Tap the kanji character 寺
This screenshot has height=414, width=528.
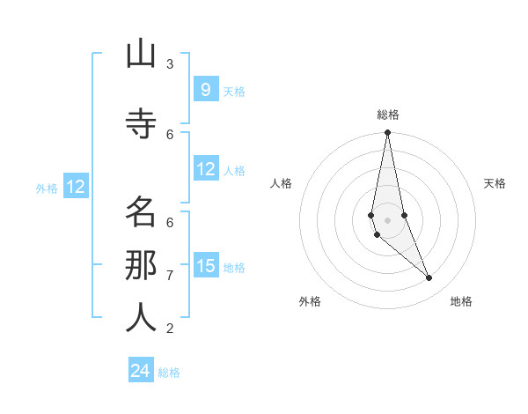pos(141,123)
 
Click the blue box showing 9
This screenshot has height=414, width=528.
pos(205,89)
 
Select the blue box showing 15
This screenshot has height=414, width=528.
pos(205,265)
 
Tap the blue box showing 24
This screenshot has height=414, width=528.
pos(141,371)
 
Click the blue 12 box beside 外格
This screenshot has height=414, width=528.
pos(75,187)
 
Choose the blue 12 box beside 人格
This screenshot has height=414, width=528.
pos(205,169)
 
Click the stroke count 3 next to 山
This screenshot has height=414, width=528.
pos(170,63)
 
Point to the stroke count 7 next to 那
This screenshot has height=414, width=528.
pos(170,275)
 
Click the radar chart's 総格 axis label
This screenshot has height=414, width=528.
pos(387,115)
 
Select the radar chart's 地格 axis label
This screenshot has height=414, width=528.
pos(461,301)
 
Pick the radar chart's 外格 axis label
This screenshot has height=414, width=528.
pos(310,301)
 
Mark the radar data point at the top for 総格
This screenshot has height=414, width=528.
pos(387,133)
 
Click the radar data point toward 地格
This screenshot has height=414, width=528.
pos(429,277)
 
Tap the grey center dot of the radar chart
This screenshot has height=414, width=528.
pos(387,219)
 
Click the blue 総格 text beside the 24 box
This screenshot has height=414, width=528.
pos(169,373)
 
